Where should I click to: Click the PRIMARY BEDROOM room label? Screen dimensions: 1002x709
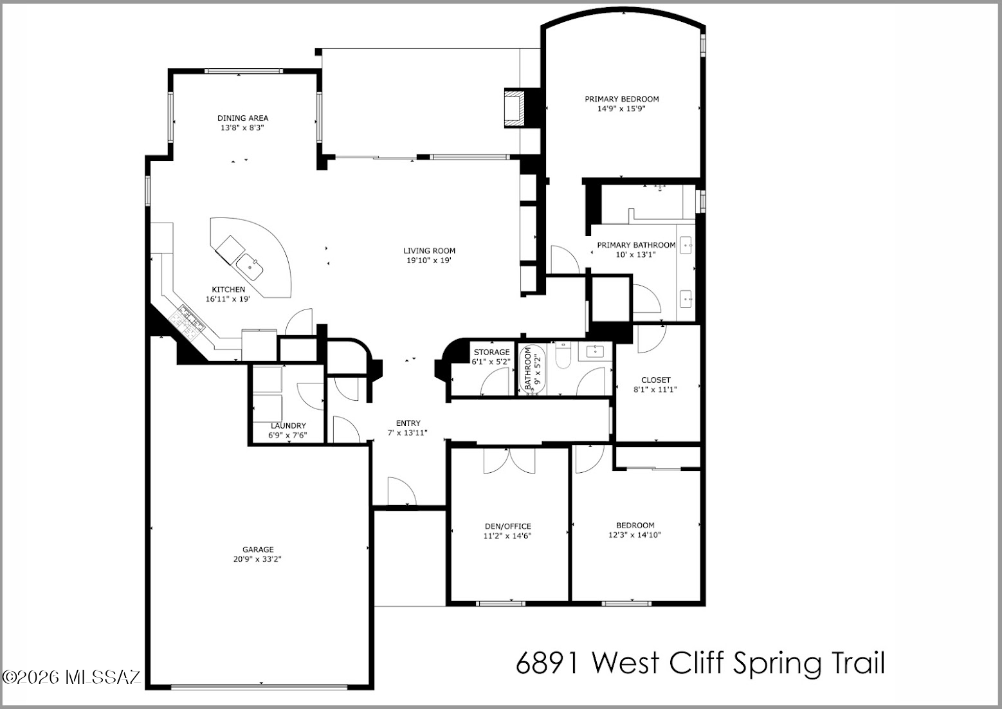pos(622,99)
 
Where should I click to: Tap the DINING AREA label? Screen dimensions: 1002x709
pos(243,118)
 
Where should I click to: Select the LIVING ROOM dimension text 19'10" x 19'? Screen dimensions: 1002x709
pos(428,261)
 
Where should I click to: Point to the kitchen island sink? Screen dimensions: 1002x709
pos(250,267)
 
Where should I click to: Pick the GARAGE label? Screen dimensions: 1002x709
pos(258,549)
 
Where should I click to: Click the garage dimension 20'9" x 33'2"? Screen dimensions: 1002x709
pos(257,559)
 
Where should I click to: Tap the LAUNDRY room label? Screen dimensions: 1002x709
pos(288,426)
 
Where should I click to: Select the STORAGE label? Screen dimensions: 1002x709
pos(491,353)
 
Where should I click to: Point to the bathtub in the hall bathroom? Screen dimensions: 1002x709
pos(533,370)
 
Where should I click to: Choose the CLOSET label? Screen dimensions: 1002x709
pos(656,380)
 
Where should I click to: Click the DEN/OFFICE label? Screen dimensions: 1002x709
pos(508,526)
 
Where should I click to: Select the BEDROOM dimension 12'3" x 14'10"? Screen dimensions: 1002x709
pos(635,535)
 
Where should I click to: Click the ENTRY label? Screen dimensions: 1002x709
pos(408,423)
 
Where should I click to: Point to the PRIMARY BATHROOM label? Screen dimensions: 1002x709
pos(636,245)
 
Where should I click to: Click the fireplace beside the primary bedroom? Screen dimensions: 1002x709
pos(515,108)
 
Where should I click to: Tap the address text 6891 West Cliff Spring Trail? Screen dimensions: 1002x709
pos(700,664)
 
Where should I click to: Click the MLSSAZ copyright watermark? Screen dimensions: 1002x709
pos(71,677)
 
